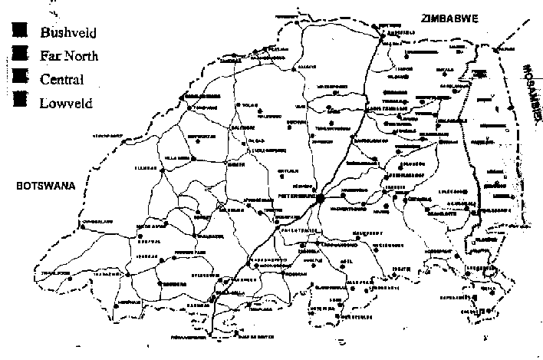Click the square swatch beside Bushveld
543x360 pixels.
[20, 30]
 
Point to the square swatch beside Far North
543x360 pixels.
[20, 54]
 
